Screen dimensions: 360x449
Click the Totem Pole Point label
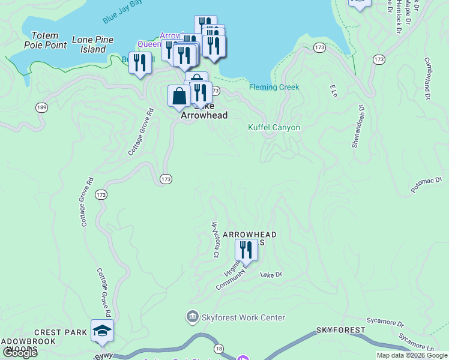[x=45, y=40]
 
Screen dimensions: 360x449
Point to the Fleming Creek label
[x=274, y=87]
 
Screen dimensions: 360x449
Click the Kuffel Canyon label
[x=274, y=127]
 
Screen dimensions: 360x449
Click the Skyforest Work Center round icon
[x=193, y=316]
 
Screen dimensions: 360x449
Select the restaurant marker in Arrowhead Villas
[x=246, y=249]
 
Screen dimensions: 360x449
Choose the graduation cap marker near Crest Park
[x=102, y=331]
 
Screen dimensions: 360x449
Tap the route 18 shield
[x=218, y=349]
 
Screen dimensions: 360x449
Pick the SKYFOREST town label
[x=340, y=331]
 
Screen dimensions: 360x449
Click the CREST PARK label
[x=61, y=332]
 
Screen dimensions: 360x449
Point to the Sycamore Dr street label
[x=384, y=323]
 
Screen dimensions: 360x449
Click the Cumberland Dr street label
[x=428, y=78]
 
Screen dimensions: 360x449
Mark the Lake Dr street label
[x=271, y=274]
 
